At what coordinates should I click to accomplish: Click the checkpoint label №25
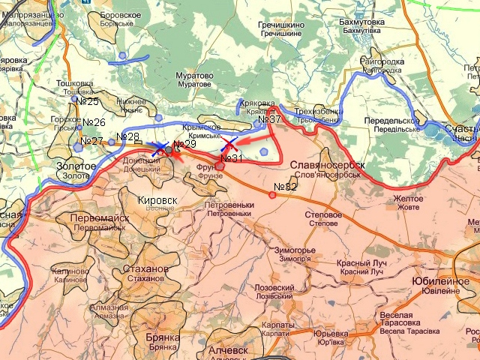coord(89,101)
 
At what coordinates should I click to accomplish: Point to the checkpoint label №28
coord(127,136)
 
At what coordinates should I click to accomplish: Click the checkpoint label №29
coord(184,144)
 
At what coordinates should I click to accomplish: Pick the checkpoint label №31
coord(233,157)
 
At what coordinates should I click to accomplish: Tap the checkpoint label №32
coord(286,187)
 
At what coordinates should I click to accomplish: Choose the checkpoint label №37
coord(269,119)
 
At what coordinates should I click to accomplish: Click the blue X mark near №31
coord(229,144)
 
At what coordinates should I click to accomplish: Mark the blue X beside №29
coord(160,148)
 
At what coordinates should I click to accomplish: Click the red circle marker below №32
coord(272,195)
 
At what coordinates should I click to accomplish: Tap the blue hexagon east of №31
coord(264,151)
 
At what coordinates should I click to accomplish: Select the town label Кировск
coord(158,200)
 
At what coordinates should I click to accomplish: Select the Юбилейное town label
coord(435,280)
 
